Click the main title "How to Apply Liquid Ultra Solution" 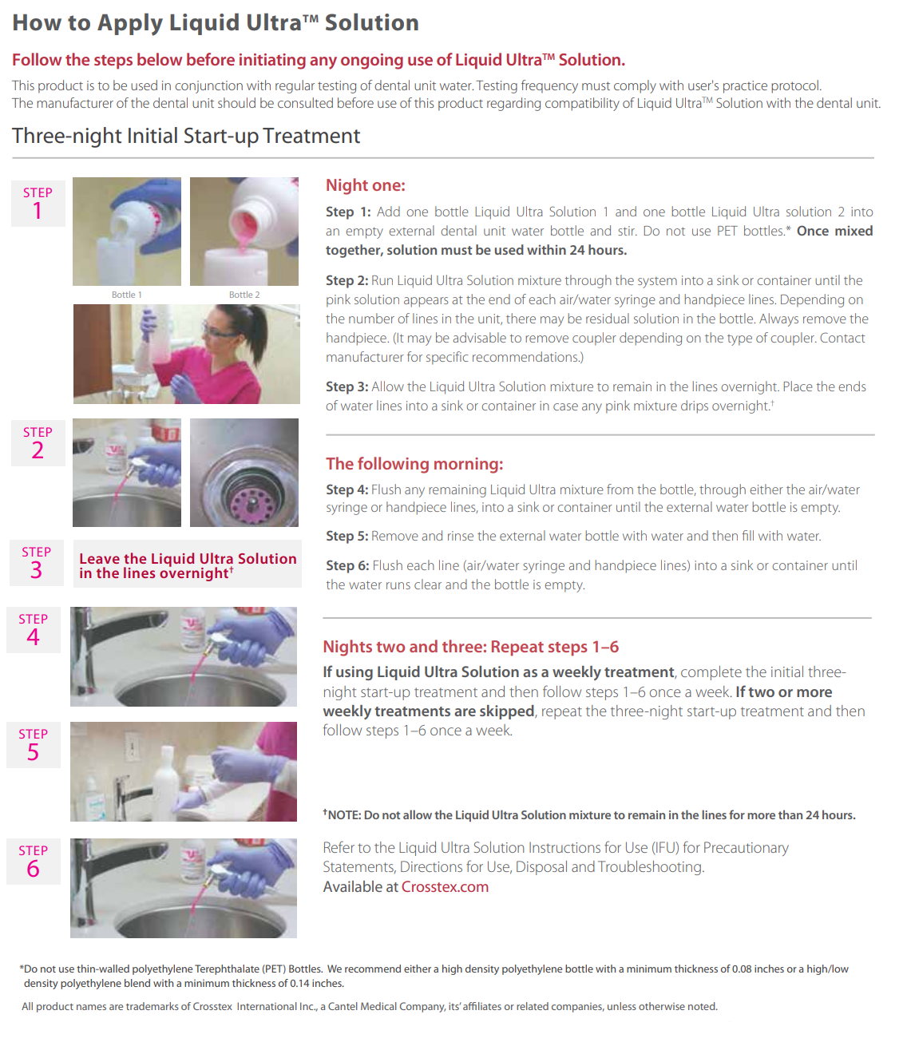(x=215, y=23)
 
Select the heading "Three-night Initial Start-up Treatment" (x=186, y=137)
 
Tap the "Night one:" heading (x=365, y=185)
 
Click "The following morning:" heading (x=414, y=464)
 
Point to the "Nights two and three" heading (x=470, y=647)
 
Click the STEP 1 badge (x=38, y=204)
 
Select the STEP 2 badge (x=38, y=443)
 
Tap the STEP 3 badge (x=37, y=563)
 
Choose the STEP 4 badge (x=34, y=630)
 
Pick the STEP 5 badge (x=34, y=745)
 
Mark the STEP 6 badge (x=34, y=862)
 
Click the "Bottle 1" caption (x=126, y=295)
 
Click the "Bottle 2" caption (x=244, y=295)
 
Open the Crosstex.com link (x=445, y=887)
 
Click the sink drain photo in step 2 (x=244, y=473)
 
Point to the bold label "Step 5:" (x=347, y=537)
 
